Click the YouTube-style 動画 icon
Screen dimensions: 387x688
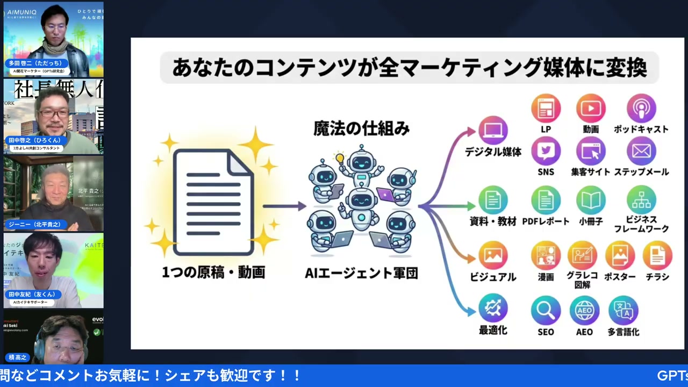coord(591,109)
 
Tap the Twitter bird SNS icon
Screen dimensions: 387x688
coord(546,151)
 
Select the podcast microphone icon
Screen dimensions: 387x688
coord(641,109)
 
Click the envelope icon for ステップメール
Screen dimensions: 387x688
coord(641,151)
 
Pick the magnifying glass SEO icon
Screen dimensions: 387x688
coord(546,310)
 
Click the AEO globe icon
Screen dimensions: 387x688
coord(584,310)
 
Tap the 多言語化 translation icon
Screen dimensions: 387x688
coord(623,310)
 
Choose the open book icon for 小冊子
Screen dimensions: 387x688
coord(591,200)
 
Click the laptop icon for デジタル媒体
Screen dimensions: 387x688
coord(493,131)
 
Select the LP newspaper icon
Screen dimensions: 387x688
coord(546,109)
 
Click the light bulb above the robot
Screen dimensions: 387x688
coord(339,158)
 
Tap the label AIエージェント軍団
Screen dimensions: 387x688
coord(361,274)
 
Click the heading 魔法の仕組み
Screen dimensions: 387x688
coord(361,129)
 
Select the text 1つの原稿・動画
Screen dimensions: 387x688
coord(213,273)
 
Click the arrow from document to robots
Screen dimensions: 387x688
coord(284,206)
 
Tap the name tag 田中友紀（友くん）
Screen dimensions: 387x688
coord(32,295)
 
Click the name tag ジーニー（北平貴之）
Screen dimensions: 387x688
coord(35,224)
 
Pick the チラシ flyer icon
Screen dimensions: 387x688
coord(657,255)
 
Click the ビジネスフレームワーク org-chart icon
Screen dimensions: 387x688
coord(641,200)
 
